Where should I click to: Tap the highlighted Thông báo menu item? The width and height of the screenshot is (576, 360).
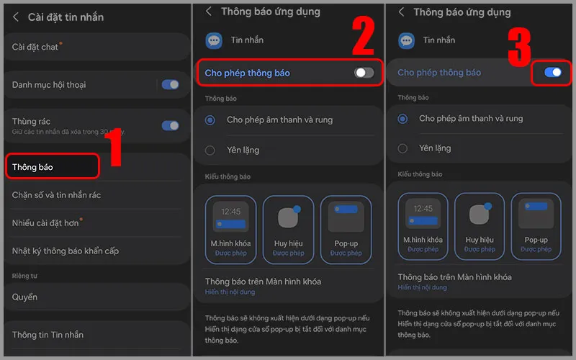click(x=51, y=167)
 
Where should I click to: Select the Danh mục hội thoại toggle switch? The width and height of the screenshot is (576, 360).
click(x=170, y=84)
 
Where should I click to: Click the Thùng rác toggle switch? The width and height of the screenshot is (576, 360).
click(x=170, y=125)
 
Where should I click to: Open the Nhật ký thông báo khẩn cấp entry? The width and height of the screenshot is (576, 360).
click(x=66, y=251)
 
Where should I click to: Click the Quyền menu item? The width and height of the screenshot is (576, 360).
click(x=25, y=297)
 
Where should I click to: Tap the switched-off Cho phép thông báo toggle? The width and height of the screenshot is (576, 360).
click(x=364, y=73)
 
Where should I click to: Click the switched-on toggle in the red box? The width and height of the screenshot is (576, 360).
click(x=553, y=72)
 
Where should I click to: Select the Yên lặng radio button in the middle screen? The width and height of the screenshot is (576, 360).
click(x=210, y=150)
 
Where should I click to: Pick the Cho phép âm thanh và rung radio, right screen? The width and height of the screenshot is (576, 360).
click(x=403, y=118)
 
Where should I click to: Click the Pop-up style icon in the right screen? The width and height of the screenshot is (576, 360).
click(x=536, y=215)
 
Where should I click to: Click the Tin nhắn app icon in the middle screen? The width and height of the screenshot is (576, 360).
click(x=214, y=40)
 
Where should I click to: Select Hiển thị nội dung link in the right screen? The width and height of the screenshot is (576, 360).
click(x=422, y=287)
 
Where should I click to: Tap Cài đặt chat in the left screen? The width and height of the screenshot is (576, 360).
click(x=35, y=47)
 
